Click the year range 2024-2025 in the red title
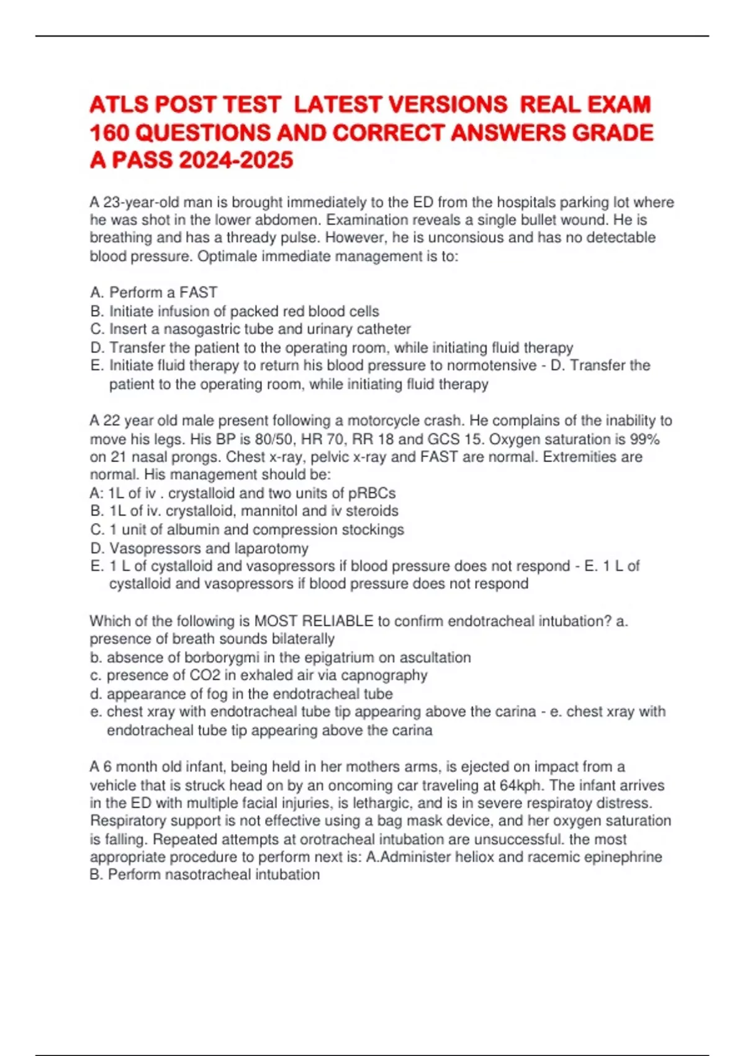(x=236, y=160)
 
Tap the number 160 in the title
(x=109, y=132)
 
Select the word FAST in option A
(x=198, y=292)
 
